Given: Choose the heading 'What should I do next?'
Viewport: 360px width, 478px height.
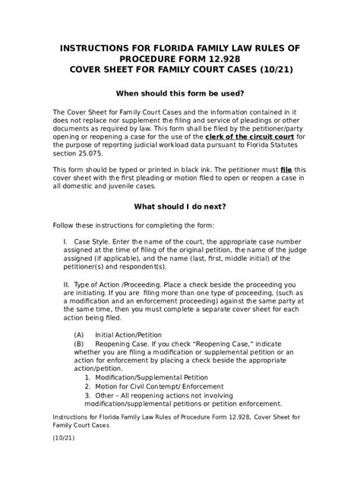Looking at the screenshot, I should click(179, 205).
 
